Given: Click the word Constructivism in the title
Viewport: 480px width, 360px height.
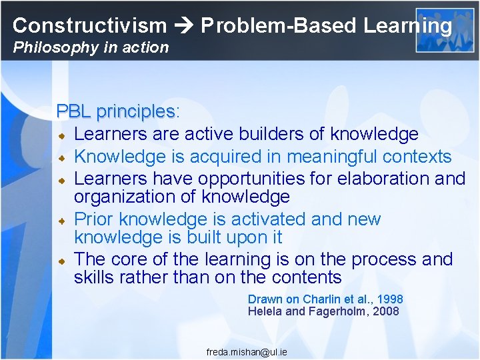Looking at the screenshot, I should coord(89,26).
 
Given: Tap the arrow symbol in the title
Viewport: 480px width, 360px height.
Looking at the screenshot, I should coord(184,26).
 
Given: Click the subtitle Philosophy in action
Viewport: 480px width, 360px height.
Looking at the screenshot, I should coord(91,47).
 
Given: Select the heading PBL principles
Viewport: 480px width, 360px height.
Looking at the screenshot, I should coord(115,111).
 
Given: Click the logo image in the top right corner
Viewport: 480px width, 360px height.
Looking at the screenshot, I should coord(435,30).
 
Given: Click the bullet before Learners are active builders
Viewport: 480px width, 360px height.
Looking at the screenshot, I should coord(61,135).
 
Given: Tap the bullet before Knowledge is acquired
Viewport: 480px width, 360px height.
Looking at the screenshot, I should coord(61,158).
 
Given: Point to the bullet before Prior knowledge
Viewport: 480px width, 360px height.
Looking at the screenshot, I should coord(61,220).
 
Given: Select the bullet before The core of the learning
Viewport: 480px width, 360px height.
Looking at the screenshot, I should coord(61,261).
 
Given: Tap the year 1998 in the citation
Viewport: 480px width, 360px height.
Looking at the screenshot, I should coord(390,299).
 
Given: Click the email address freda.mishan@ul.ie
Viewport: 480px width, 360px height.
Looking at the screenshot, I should coord(247,351).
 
